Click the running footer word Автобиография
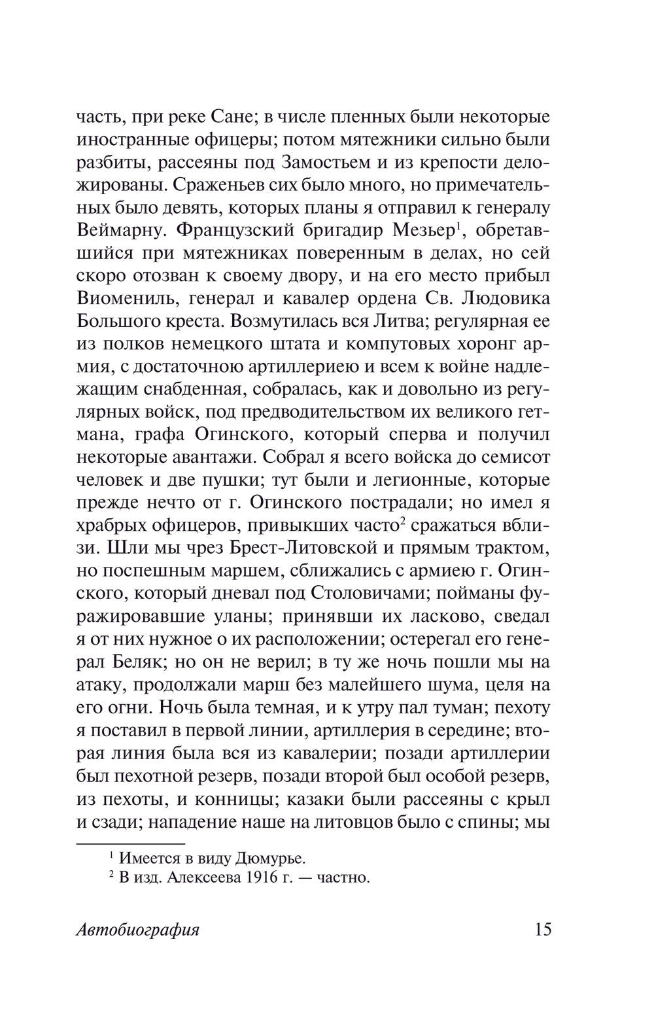coord(137,930)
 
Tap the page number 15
coord(540,929)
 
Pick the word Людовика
coord(506,298)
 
